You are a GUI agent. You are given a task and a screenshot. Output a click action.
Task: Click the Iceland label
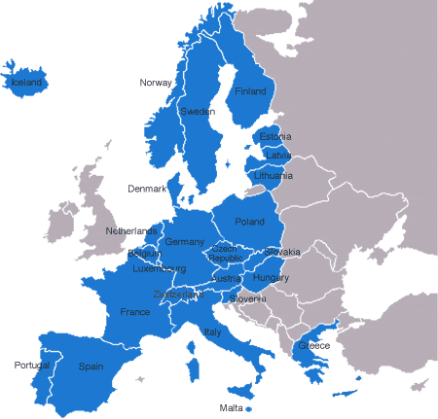(26, 84)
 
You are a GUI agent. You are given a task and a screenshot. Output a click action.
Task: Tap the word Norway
(156, 83)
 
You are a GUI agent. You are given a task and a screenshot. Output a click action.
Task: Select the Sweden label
(198, 112)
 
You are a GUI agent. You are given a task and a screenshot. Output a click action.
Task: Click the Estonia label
(275, 137)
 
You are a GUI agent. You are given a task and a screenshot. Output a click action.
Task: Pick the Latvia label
(277, 156)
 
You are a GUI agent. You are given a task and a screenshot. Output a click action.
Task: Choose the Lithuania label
(273, 176)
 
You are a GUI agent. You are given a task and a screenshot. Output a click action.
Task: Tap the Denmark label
(148, 189)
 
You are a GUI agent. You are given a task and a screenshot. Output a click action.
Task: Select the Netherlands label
(131, 231)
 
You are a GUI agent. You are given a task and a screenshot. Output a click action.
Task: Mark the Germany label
(185, 242)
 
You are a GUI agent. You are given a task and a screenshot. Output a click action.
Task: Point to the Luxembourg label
(159, 268)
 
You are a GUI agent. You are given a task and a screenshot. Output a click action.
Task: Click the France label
(134, 312)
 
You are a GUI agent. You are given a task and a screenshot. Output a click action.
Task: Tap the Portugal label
(31, 366)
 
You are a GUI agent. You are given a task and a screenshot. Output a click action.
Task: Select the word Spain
(91, 367)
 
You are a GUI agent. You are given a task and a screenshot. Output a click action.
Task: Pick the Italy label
(213, 332)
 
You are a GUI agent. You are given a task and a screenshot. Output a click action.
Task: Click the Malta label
(231, 407)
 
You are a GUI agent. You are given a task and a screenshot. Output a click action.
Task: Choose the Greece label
(313, 346)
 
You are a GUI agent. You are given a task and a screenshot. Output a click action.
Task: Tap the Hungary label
(271, 278)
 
